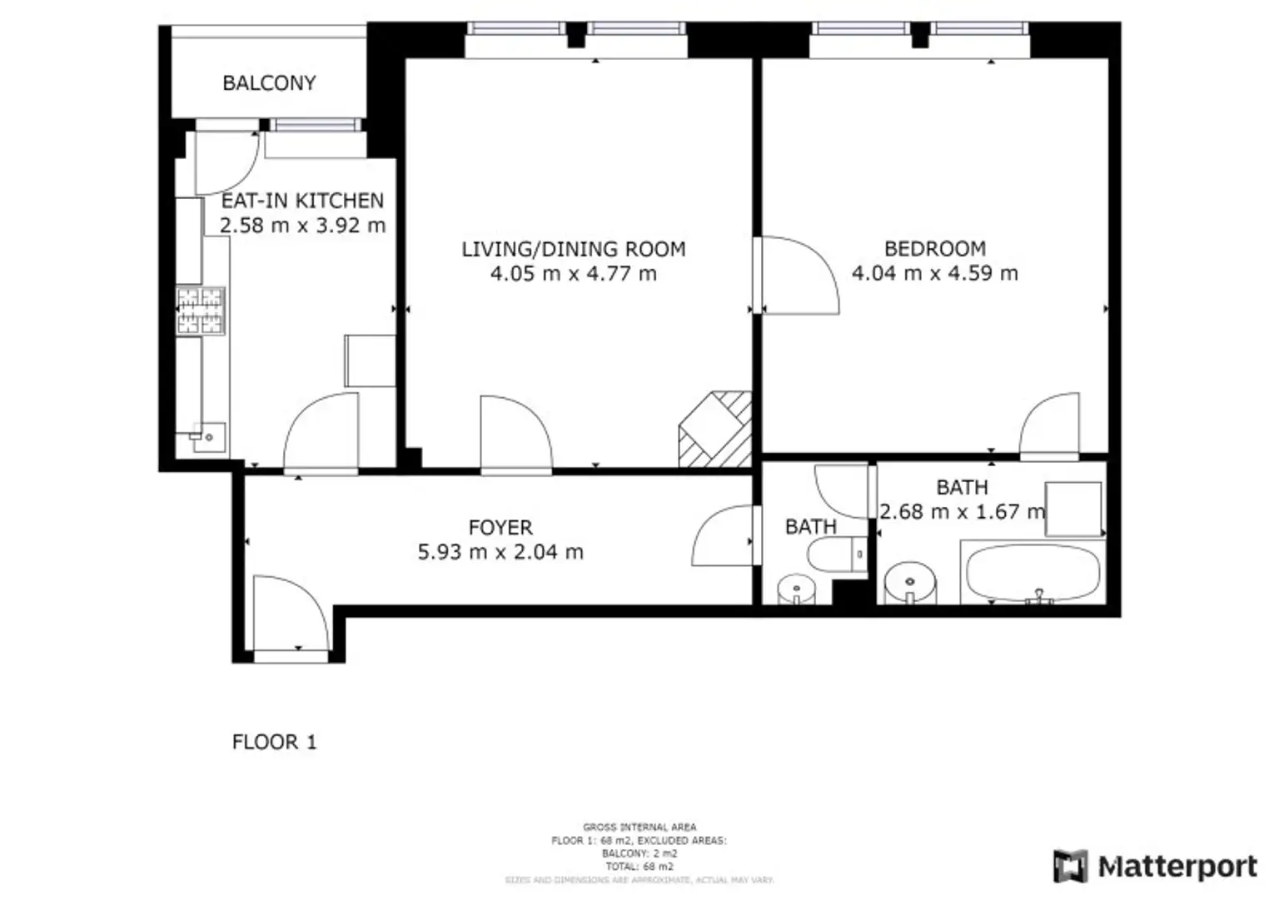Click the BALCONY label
pos(269,83)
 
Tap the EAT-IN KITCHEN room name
pos(302,201)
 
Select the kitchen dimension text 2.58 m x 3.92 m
pos(302,226)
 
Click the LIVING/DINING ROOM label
pos(573,249)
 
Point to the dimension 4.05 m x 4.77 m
pos(573,274)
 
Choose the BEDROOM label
pos(934,249)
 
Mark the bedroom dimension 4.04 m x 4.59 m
pos(934,274)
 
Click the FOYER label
pos(500,528)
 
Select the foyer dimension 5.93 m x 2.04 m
pos(500,552)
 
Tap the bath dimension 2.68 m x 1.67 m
pos(962,512)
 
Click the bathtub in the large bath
pos(1033,573)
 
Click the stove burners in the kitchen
pos(200,311)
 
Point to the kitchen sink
pos(208,436)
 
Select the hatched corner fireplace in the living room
pos(715,430)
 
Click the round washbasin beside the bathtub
pos(910,583)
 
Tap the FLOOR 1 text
pos(274,742)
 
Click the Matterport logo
pos(1155,867)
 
